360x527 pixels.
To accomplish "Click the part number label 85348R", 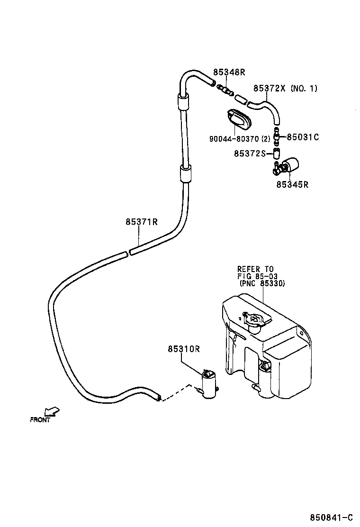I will point(229,73).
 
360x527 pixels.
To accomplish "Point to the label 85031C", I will point(303,137).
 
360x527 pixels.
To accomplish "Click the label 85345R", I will point(292,184).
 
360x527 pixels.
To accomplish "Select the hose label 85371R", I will point(142,222).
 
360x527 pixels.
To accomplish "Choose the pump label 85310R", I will point(183,349).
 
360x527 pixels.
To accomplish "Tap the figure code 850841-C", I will point(332,517).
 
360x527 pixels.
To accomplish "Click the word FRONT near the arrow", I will point(40,420).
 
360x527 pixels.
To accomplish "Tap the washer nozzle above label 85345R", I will point(287,166).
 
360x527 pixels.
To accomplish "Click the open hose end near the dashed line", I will point(158,397).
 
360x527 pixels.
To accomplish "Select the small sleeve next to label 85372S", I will point(277,153).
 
